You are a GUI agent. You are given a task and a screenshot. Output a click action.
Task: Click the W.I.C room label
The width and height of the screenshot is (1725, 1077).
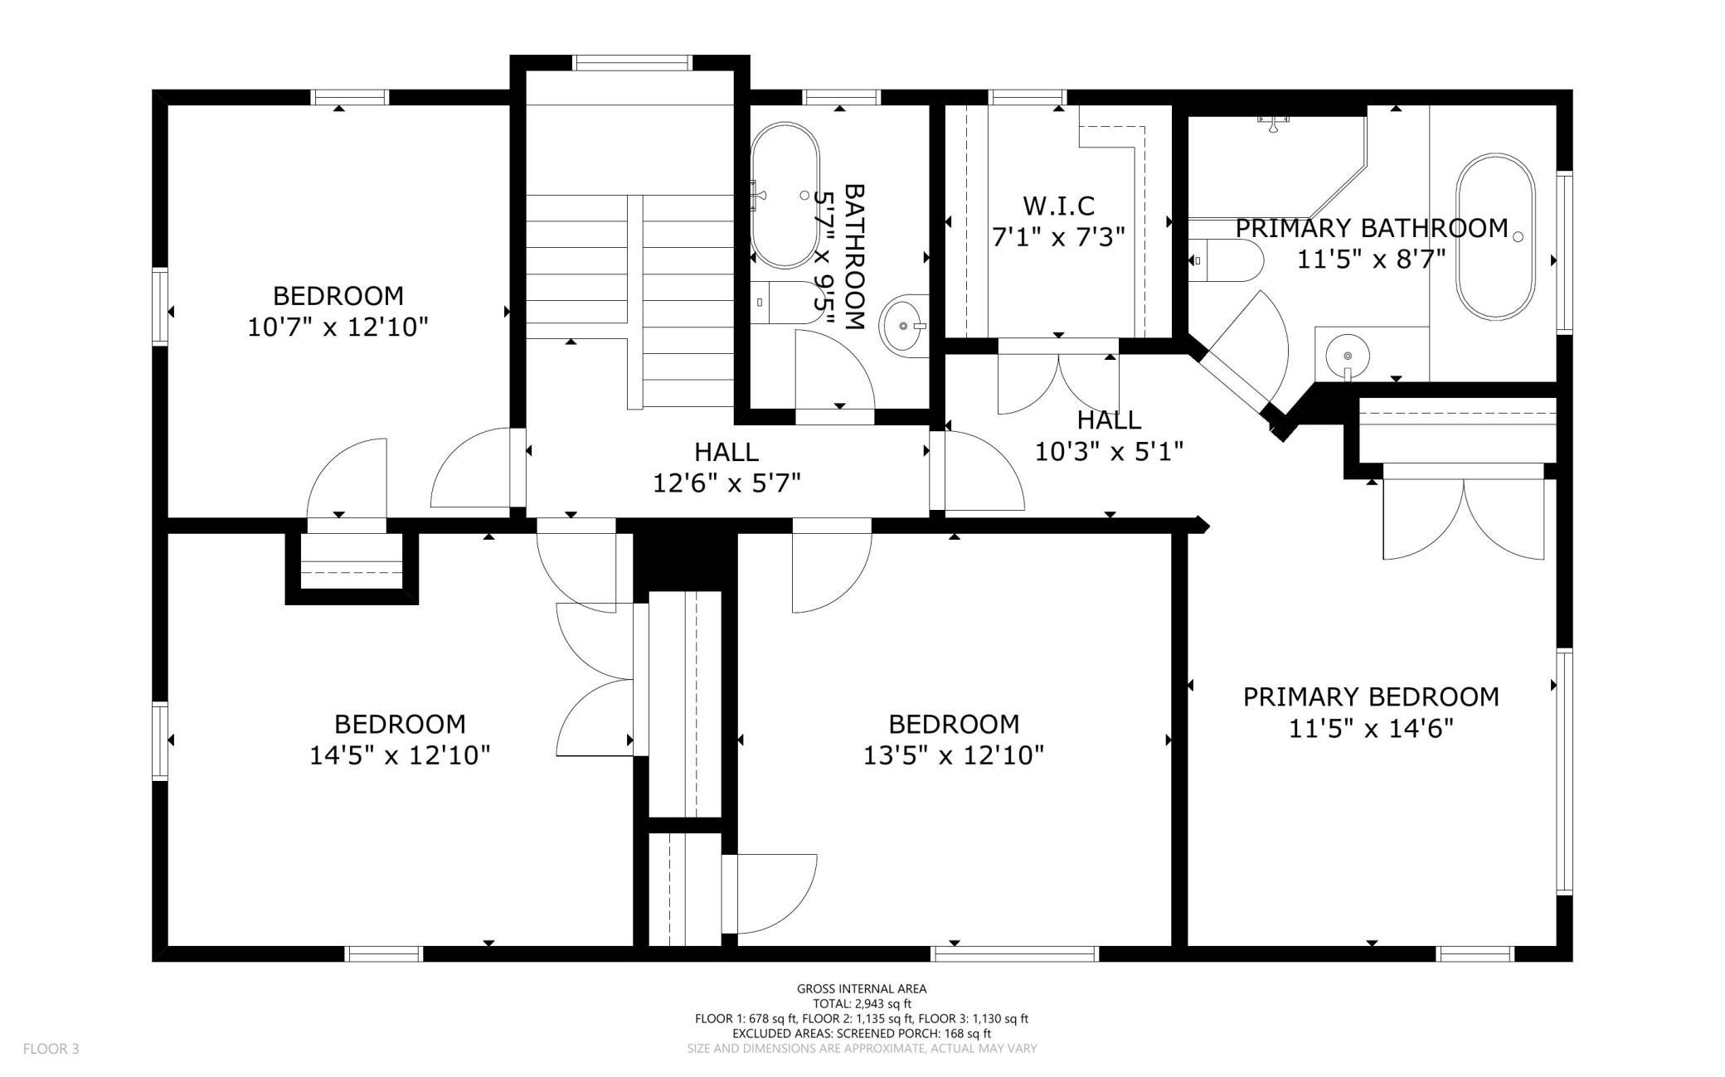click(x=1058, y=205)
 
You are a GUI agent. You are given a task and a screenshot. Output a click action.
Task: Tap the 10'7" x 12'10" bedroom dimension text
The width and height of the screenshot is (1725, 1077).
click(x=338, y=327)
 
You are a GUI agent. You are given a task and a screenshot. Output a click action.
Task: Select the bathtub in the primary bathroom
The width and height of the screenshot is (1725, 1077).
click(x=1496, y=236)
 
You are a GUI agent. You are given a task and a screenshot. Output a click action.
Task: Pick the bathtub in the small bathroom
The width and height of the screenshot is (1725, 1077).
click(x=785, y=196)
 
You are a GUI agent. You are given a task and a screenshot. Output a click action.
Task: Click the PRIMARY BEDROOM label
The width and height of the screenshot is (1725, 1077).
click(x=1371, y=696)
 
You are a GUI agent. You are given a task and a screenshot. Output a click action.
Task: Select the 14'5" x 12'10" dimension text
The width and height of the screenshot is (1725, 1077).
click(x=400, y=755)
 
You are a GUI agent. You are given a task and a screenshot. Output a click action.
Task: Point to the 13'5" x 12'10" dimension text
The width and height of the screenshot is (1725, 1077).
click(x=954, y=755)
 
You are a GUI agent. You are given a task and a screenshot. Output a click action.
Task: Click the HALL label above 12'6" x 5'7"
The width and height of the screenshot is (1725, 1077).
click(x=726, y=452)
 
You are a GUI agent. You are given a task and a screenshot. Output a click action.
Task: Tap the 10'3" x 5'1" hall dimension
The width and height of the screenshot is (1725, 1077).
click(x=1109, y=451)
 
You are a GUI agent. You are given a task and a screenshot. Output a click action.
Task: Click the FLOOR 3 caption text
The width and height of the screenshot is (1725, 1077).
click(x=51, y=1049)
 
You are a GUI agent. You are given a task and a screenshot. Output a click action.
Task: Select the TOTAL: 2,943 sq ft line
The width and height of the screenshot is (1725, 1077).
click(x=862, y=1003)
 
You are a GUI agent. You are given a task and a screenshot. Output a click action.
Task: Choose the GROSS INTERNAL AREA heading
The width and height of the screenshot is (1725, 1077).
click(x=862, y=988)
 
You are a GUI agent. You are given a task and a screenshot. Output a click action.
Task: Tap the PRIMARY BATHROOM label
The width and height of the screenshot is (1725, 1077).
click(x=1372, y=228)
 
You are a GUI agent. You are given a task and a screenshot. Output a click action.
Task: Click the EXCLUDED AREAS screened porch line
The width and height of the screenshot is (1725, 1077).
click(x=862, y=1033)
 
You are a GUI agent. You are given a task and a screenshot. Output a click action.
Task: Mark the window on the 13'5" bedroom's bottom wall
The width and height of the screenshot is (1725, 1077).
click(x=1016, y=953)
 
